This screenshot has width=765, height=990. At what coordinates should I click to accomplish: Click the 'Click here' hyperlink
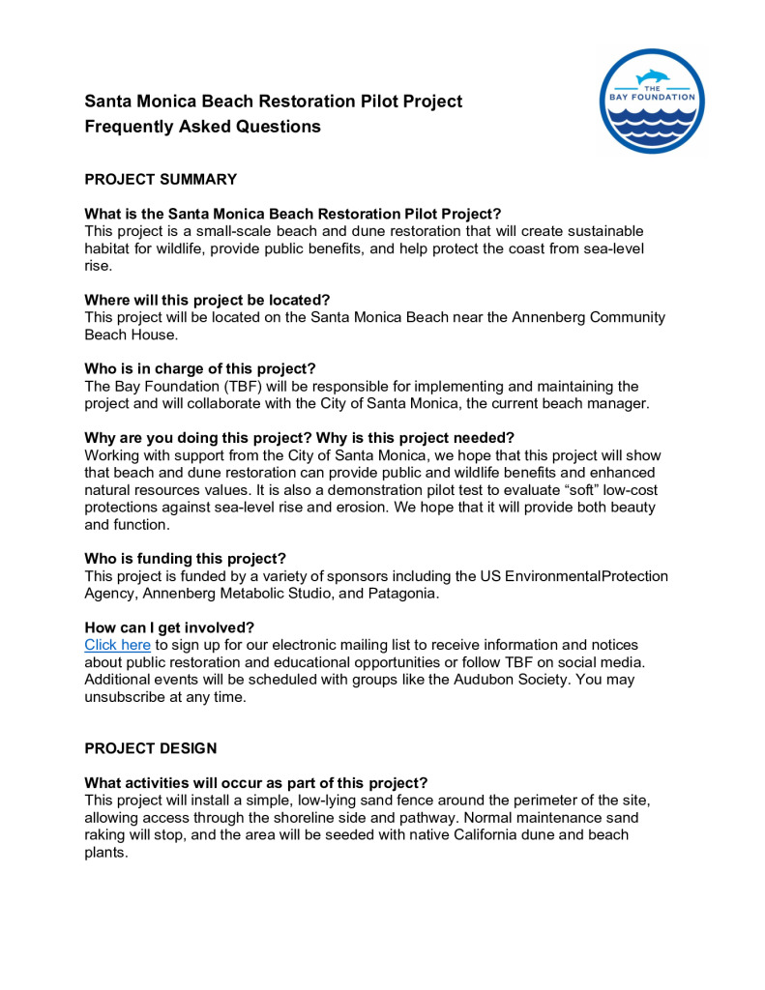117,644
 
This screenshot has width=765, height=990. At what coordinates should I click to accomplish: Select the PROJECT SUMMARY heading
161,179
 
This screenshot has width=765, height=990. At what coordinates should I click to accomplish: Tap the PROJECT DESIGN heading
151,748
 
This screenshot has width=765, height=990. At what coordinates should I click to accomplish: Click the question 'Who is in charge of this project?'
200,368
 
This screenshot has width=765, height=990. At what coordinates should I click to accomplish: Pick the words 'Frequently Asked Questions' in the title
202,127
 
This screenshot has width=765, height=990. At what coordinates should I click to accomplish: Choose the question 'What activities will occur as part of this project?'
256,782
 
